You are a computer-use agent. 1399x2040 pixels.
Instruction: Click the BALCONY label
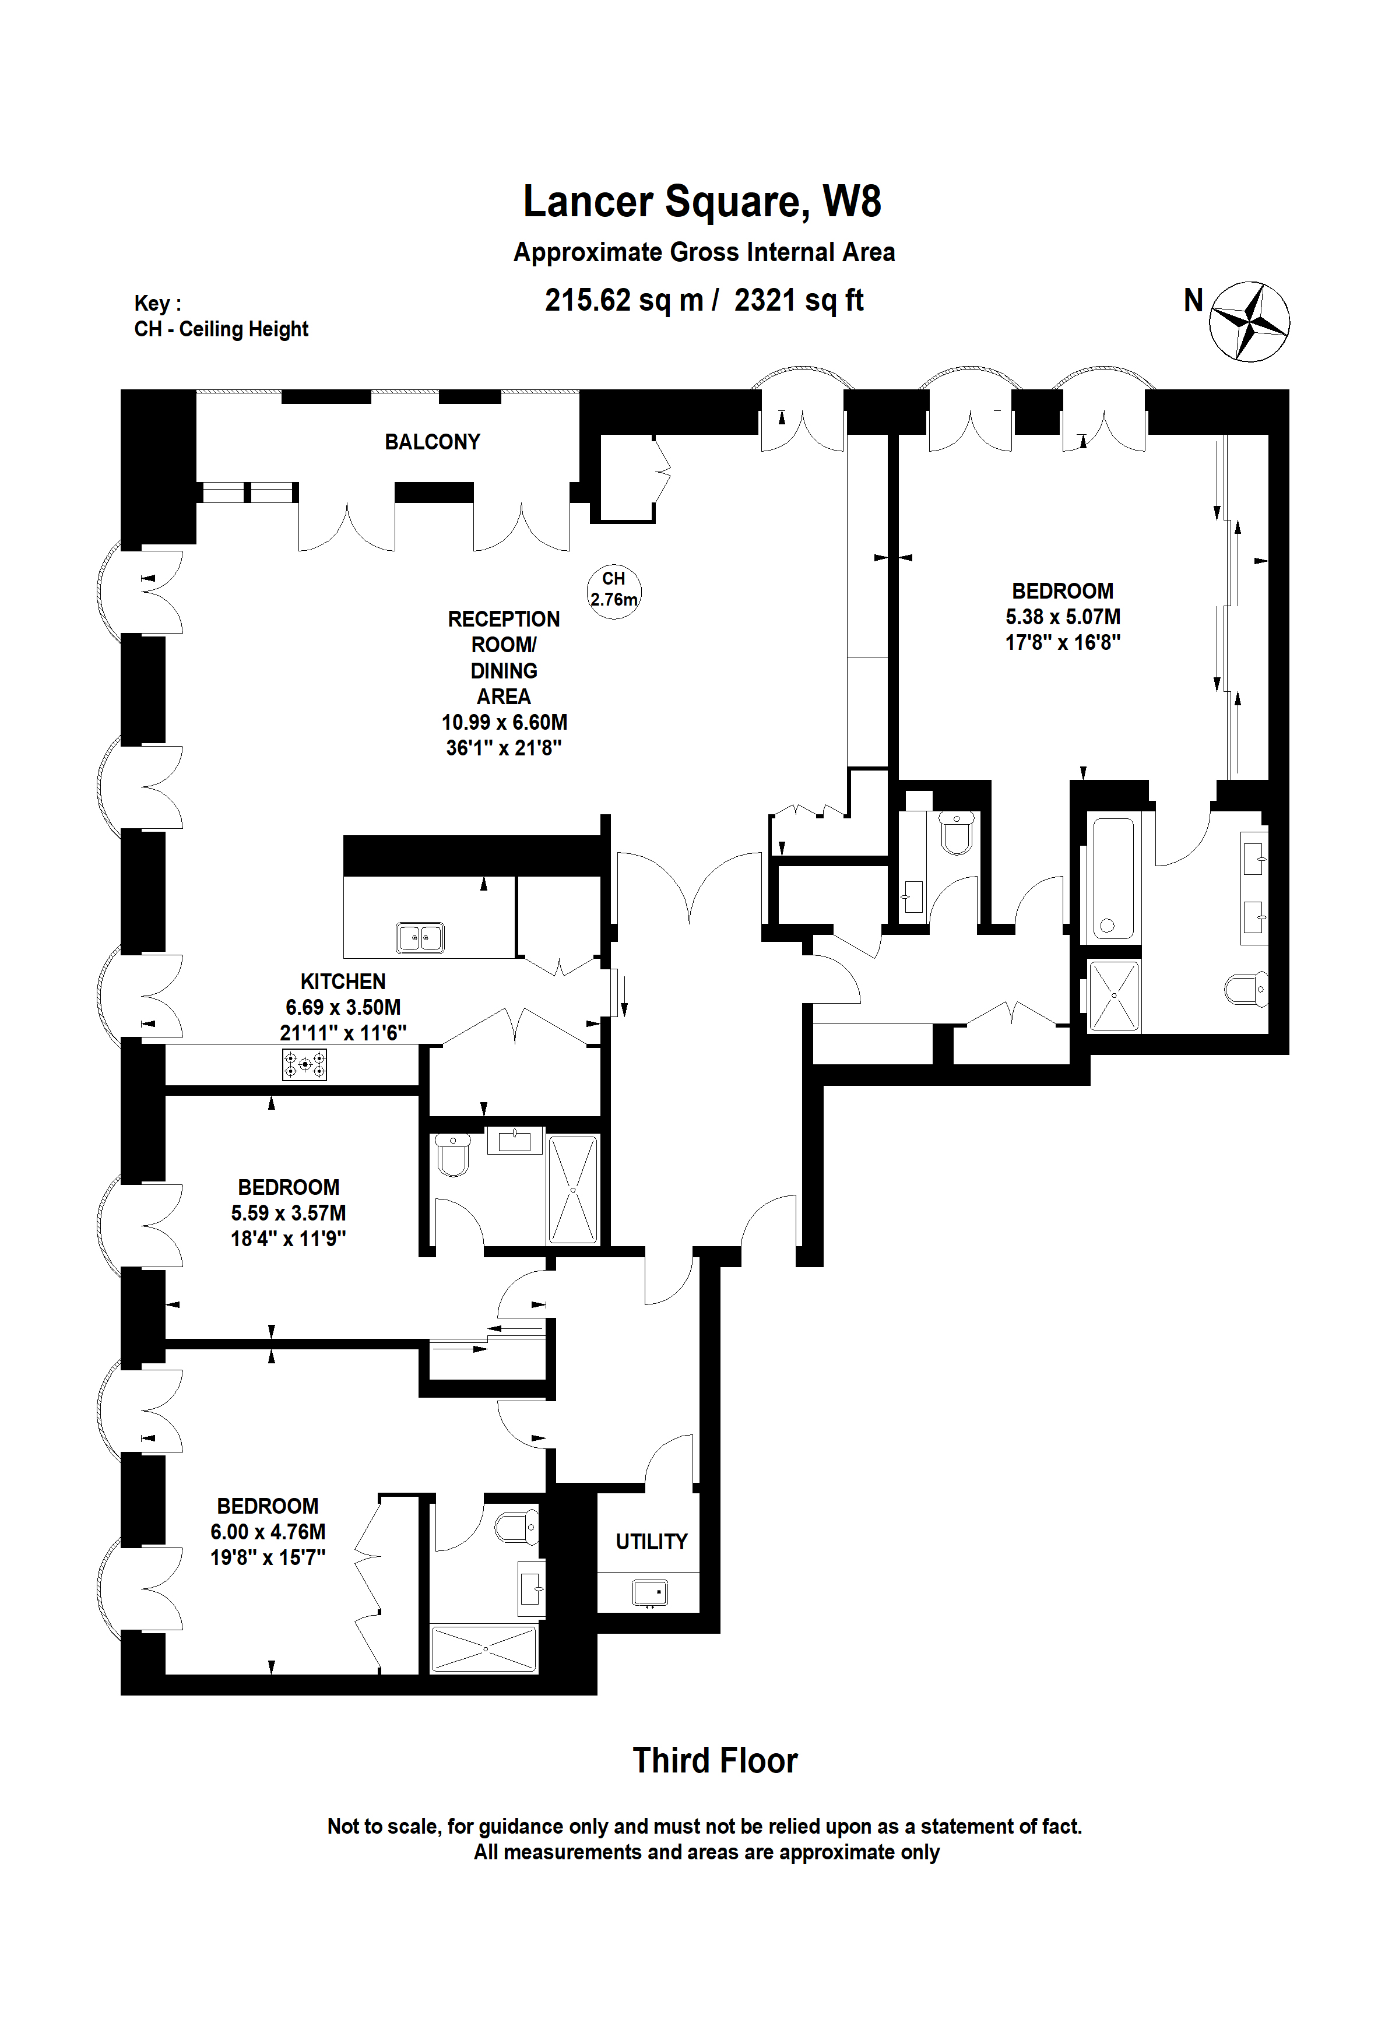tap(432, 442)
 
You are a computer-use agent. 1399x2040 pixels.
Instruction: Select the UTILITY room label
tap(651, 1542)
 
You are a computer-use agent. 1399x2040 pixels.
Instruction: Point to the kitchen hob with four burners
tap(304, 1065)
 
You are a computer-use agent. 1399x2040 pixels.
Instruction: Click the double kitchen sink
tap(420, 937)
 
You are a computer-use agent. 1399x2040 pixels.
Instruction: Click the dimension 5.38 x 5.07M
tap(1062, 617)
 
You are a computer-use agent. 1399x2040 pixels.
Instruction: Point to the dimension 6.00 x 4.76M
tap(268, 1532)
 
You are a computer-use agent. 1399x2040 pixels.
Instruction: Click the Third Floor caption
tap(715, 1761)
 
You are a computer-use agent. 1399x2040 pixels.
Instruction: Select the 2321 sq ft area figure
tap(799, 300)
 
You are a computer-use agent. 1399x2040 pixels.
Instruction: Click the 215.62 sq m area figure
tap(624, 300)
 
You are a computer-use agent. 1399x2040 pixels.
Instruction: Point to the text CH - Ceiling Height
tap(221, 329)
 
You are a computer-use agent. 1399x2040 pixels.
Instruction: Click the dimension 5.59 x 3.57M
tap(288, 1213)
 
